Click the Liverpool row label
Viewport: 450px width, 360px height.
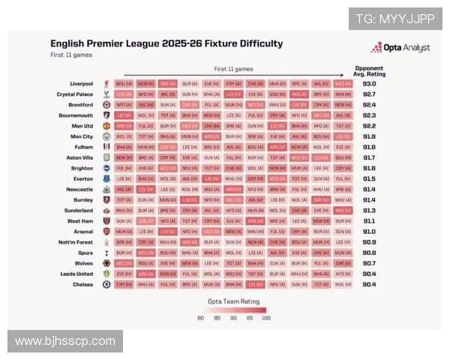[78, 84]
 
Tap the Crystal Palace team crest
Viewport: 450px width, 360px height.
[106, 94]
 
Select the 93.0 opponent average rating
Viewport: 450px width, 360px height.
[369, 84]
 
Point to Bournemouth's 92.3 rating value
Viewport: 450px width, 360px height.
[369, 115]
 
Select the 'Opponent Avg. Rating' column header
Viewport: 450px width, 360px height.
[369, 70]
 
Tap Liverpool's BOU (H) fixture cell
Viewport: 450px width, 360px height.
[124, 84]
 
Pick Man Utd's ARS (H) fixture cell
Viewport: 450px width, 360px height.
[124, 126]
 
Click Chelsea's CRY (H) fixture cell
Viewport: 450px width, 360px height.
[124, 284]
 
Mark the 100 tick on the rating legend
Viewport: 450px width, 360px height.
[264, 319]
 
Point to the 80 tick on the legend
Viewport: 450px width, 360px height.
[201, 319]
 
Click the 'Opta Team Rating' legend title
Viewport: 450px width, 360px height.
[232, 301]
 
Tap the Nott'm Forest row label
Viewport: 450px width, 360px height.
[74, 242]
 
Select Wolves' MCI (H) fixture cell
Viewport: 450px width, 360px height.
[124, 263]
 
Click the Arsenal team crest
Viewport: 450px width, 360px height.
[106, 232]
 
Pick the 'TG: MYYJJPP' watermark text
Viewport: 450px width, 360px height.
[395, 19]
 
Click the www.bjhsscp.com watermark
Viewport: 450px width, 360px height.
[65, 341]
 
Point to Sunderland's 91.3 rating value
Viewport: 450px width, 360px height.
[369, 211]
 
